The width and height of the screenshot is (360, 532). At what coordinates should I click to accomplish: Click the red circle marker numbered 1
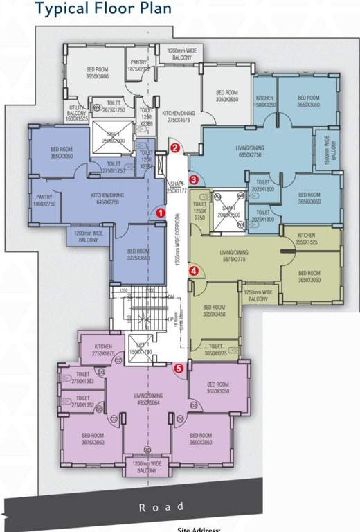click(x=161, y=213)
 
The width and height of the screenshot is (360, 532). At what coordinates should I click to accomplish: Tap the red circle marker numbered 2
click(x=175, y=148)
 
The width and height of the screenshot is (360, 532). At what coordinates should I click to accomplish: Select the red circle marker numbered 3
click(x=194, y=180)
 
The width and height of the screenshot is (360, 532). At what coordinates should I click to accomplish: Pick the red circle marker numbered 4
click(x=194, y=271)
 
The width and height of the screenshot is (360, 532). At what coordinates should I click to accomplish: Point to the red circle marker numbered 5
click(x=179, y=369)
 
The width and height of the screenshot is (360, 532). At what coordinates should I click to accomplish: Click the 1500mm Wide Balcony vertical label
click(x=328, y=150)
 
